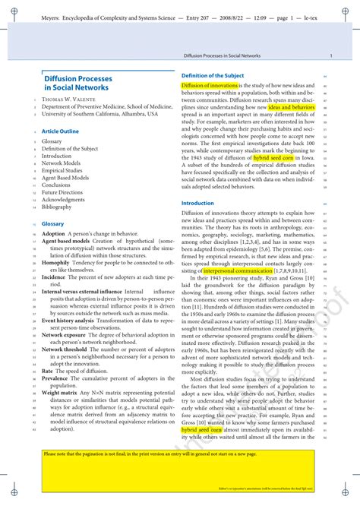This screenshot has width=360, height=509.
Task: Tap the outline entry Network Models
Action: coord(61,163)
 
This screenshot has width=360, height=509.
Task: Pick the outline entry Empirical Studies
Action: coord(62,171)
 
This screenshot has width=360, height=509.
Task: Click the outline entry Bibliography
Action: coord(57,207)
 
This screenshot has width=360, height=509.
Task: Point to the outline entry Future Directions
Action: coord(62,193)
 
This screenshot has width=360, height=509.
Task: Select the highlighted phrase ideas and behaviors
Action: coord(292,107)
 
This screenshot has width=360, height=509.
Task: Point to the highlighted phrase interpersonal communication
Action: coord(227,270)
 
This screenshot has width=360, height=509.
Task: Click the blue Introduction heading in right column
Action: coord(197,204)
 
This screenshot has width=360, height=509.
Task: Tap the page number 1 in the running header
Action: coord(330,56)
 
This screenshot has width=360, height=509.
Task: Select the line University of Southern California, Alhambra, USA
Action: coord(99,114)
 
